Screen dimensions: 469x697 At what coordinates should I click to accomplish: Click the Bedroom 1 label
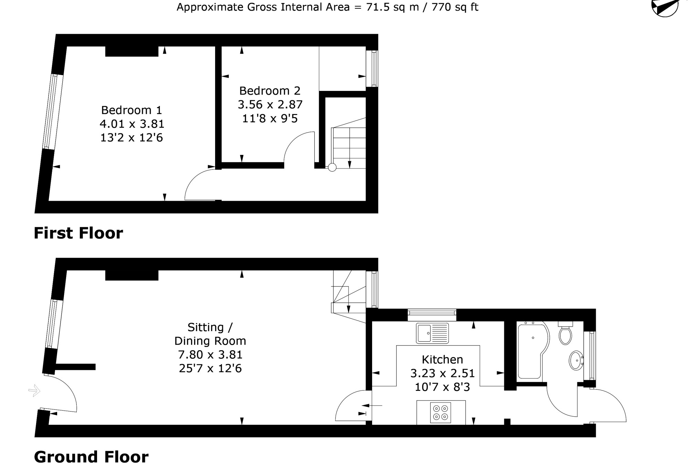click(x=131, y=110)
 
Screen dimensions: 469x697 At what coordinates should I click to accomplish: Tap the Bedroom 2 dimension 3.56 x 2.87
click(x=270, y=104)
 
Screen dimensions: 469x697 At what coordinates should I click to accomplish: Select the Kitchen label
click(x=442, y=359)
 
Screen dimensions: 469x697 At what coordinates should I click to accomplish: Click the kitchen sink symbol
click(x=432, y=333)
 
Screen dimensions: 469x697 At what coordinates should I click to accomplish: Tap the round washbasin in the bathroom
click(x=576, y=360)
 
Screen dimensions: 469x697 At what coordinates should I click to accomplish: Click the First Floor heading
click(x=78, y=233)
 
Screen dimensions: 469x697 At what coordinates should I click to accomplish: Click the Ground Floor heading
click(x=91, y=457)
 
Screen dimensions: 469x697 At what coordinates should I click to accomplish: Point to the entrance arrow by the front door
click(x=34, y=391)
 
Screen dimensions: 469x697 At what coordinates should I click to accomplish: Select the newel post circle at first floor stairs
click(x=332, y=168)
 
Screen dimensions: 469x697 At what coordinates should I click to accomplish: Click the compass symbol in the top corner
click(x=665, y=7)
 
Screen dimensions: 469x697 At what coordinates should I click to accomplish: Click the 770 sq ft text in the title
click(x=454, y=7)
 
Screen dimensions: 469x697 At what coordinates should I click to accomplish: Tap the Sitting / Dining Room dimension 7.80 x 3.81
click(x=210, y=354)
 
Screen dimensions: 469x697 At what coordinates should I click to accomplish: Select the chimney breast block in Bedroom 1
click(x=131, y=51)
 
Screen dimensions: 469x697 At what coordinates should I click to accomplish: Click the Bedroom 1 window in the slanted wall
click(x=53, y=112)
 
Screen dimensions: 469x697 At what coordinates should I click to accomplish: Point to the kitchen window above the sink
click(x=432, y=313)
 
